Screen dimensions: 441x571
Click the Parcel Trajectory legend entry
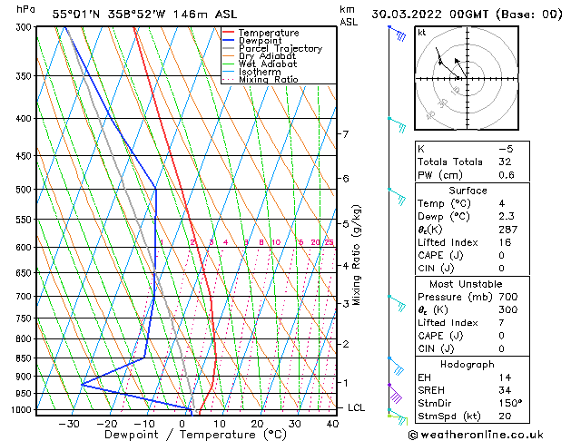coord(280,48)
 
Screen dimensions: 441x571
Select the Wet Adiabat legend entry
coord(269,64)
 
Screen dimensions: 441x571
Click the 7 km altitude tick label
coord(344,134)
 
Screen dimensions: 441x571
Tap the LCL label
coord(356,408)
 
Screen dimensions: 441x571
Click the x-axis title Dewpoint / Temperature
coord(182,435)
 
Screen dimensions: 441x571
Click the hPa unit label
coord(26,9)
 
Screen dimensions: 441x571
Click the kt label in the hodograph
coord(421,32)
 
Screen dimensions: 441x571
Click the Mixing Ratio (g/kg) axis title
coord(357,255)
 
